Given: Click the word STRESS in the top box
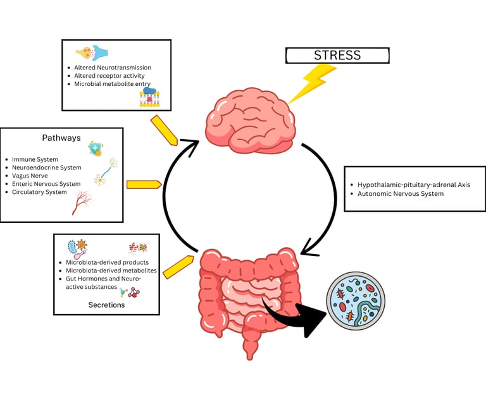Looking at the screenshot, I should coord(337,56).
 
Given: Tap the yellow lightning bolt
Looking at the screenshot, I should coord(314,82).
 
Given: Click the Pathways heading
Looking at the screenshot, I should coord(61,138).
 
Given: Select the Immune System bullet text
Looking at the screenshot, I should coord(35,159).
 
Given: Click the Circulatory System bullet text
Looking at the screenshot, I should coord(39,192).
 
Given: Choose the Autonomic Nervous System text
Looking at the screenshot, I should coord(401,193).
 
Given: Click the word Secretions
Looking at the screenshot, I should coord(106,305).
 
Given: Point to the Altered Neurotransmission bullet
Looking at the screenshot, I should coord(113,68).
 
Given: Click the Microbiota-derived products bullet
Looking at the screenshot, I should coord(107,262).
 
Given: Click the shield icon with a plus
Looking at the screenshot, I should coord(95,148).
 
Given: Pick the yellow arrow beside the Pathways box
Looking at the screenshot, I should coord(144,185).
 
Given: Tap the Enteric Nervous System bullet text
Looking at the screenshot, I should coord(46,184).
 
